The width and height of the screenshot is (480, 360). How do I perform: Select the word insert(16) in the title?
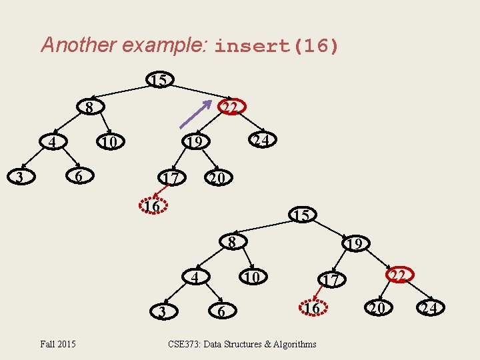click(x=277, y=46)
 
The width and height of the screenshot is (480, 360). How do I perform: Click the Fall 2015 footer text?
click(x=58, y=344)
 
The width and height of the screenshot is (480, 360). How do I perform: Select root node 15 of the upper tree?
click(x=159, y=81)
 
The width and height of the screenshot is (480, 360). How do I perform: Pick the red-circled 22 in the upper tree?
click(x=231, y=107)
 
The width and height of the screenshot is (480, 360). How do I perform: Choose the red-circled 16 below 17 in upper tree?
click(x=153, y=206)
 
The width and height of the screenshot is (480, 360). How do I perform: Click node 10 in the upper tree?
click(x=109, y=143)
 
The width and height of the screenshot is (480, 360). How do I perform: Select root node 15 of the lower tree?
click(x=300, y=215)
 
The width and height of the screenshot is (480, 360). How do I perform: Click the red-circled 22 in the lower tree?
click(x=399, y=275)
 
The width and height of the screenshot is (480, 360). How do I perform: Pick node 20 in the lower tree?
click(x=377, y=308)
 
